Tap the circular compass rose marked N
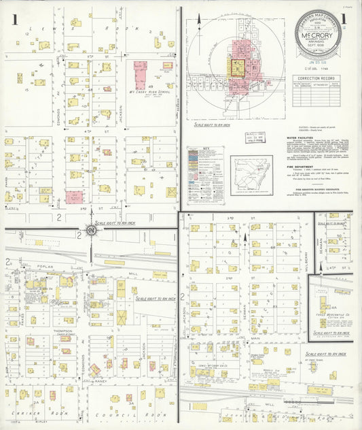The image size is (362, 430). click(x=91, y=231)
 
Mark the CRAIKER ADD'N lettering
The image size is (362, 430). click(x=35, y=413)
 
